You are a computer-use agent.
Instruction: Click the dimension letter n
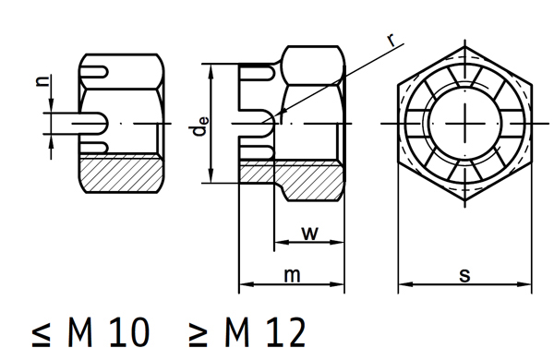tap(43, 81)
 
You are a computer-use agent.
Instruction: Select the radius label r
tap(391, 41)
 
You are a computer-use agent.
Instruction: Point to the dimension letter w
tap(310, 234)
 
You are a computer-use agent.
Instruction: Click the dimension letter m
tap(292, 276)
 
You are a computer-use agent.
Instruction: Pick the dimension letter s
tap(465, 276)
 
